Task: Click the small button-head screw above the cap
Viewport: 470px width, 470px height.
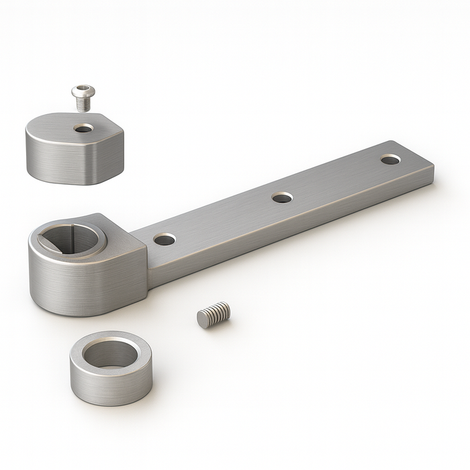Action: [83, 97]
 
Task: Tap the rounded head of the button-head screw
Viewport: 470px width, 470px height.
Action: [83, 90]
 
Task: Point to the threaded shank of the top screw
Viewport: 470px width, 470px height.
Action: [83, 104]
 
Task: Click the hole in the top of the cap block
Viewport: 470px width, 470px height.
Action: [84, 128]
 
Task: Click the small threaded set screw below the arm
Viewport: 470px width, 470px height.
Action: [214, 314]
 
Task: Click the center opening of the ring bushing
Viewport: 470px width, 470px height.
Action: [111, 353]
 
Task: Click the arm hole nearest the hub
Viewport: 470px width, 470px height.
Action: [164, 239]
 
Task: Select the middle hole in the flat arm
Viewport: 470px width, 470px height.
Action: [282, 197]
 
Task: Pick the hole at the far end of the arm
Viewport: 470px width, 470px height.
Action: [390, 160]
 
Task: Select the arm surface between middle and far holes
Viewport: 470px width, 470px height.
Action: [336, 179]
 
